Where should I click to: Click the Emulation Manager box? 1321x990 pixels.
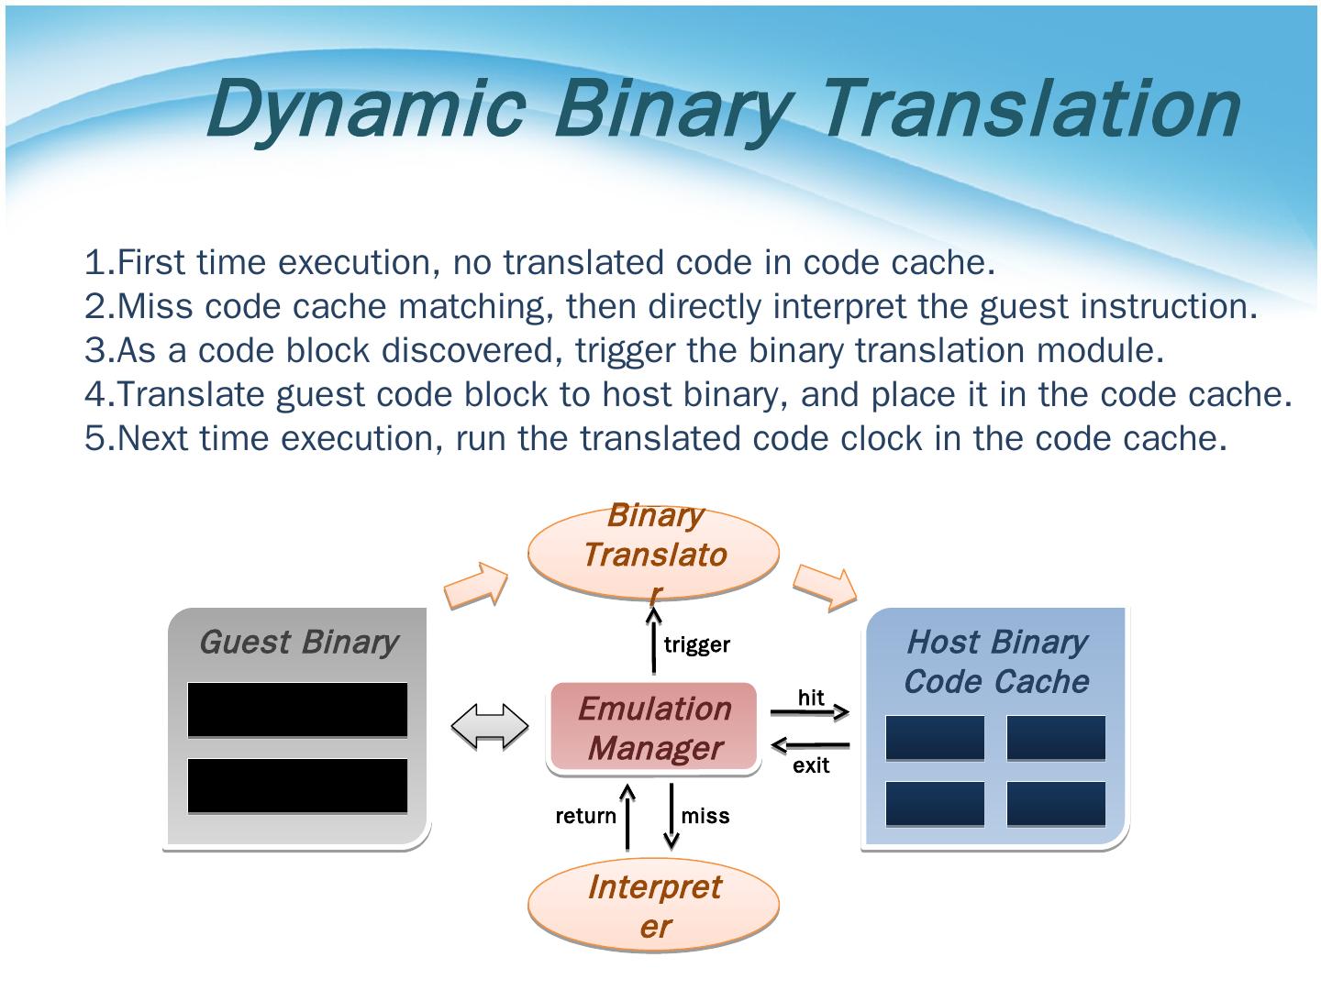point(654,728)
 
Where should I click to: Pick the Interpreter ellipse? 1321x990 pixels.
point(653,906)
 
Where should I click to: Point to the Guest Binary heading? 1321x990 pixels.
point(298,642)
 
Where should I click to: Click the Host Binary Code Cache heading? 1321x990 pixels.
point(995,661)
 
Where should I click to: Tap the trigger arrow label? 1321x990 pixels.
point(696,644)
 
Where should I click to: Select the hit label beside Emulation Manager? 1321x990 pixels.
point(811,698)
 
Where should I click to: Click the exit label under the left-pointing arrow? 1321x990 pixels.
point(811,765)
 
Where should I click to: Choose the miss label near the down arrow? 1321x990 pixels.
point(705,816)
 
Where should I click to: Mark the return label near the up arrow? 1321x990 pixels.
point(585,816)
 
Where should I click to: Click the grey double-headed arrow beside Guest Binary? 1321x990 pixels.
point(490,728)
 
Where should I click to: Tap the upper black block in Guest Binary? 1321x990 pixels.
point(297,709)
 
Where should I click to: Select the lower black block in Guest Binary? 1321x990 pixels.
point(297,786)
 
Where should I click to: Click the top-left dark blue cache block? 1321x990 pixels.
point(935,738)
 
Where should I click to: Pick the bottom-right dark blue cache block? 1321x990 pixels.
point(1056,804)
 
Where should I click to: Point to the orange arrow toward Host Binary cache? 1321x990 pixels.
point(824,586)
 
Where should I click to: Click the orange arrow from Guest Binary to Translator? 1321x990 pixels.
point(476,586)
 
